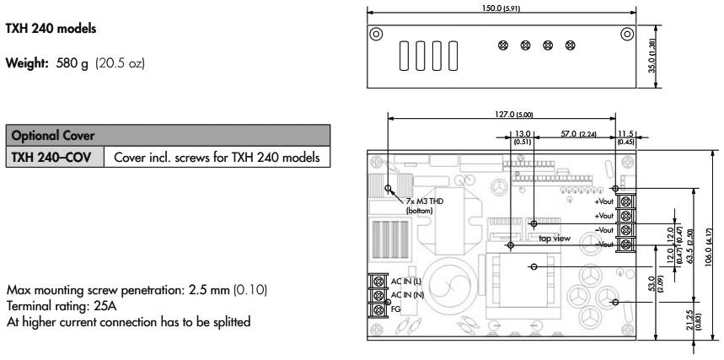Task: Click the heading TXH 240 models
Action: point(51,29)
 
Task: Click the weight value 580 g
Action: point(72,63)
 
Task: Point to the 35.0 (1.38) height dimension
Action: point(652,56)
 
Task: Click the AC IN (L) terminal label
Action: point(406,282)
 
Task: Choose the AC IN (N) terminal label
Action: point(406,295)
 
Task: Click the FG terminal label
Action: point(395,309)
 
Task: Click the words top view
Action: point(555,239)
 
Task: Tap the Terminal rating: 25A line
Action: point(65,306)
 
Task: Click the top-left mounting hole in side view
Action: point(376,34)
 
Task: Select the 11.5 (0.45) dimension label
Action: point(626,137)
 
